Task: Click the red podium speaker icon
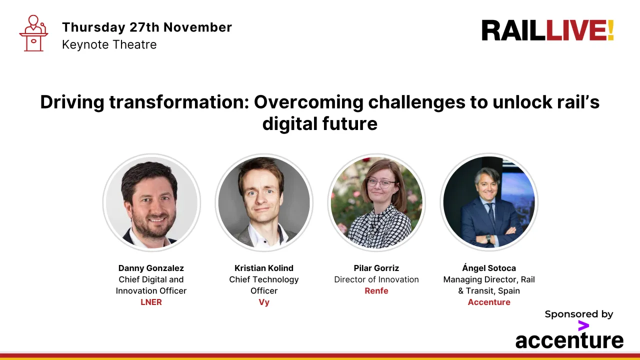tap(33, 33)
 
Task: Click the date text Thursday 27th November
tap(146, 27)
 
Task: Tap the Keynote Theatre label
tap(109, 44)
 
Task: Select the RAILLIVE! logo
tap(547, 30)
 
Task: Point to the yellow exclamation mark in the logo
tap(610, 30)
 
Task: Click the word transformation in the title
tap(177, 102)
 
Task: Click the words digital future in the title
tap(320, 123)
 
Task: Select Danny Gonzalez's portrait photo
tap(151, 202)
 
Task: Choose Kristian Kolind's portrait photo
tap(264, 202)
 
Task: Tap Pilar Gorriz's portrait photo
tap(376, 202)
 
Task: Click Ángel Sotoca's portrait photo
tap(489, 202)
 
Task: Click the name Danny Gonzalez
tap(151, 268)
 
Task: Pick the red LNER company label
tap(151, 302)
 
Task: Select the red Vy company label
tap(264, 302)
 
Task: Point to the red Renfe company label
tap(376, 290)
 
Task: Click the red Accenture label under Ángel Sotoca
tap(489, 302)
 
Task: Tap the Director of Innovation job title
tap(376, 279)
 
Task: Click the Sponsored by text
tap(578, 314)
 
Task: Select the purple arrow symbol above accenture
tap(583, 326)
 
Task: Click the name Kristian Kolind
tap(264, 268)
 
